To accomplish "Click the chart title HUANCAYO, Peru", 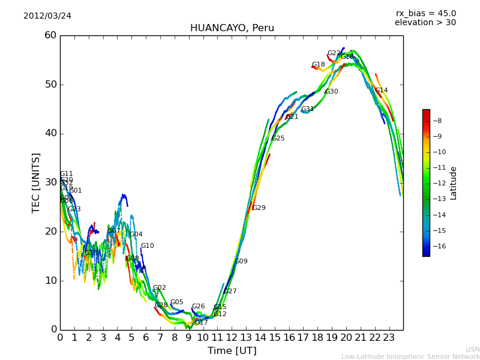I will [232, 28].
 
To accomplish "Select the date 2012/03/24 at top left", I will [47, 16].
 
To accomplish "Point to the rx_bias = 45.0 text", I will [425, 13].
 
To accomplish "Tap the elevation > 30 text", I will [425, 23].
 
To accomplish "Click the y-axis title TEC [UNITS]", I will [36, 182].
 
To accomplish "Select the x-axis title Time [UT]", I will [232, 351].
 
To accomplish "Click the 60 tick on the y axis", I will [50, 35].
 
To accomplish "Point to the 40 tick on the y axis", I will [50, 133].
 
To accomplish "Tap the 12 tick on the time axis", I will [232, 338].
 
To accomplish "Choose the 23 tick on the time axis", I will [389, 338].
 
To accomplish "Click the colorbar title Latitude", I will [454, 183].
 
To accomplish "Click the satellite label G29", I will [259, 208].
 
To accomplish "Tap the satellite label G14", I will [382, 91].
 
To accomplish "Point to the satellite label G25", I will [278, 139].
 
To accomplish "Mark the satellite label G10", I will [147, 246].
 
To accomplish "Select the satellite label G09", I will [241, 262].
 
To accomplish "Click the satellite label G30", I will [331, 92].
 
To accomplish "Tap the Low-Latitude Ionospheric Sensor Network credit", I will [410, 356].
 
